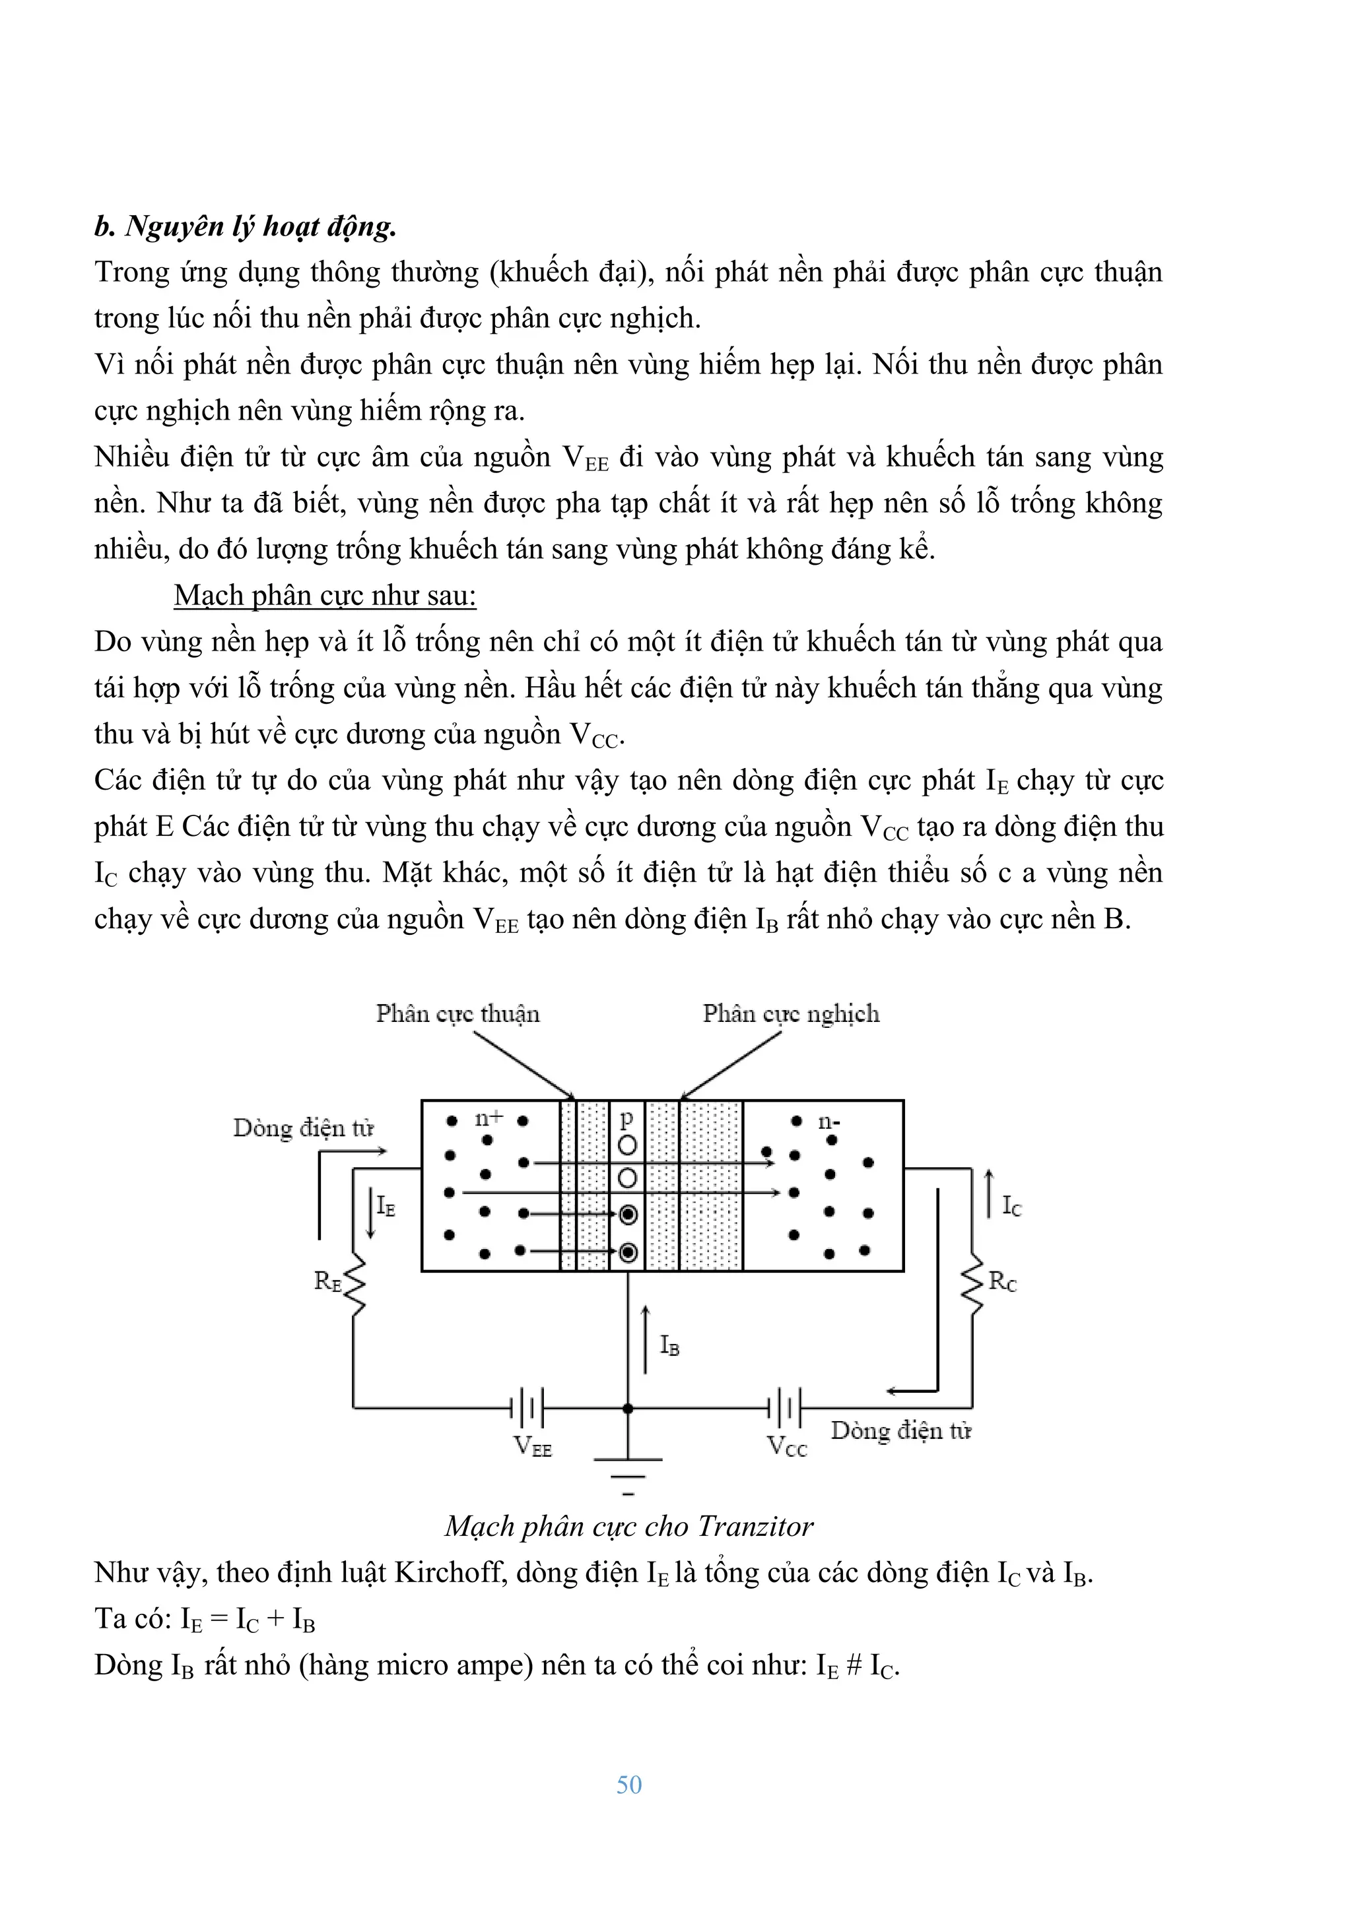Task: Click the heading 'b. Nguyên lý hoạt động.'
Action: pyautogui.click(x=245, y=226)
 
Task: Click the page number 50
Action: pyautogui.click(x=629, y=1785)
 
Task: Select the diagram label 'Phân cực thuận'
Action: pyautogui.click(x=457, y=1013)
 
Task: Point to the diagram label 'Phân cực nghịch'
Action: pyautogui.click(x=791, y=1013)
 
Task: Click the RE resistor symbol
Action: pyautogui.click(x=355, y=1283)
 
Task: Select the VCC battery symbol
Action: pyautogui.click(x=784, y=1408)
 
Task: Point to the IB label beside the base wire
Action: pyautogui.click(x=669, y=1345)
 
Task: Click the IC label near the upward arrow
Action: pyautogui.click(x=1011, y=1206)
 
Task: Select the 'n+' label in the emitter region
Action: pyautogui.click(x=489, y=1118)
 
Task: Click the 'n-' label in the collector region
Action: pyautogui.click(x=828, y=1122)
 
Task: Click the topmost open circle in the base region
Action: pyautogui.click(x=627, y=1146)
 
